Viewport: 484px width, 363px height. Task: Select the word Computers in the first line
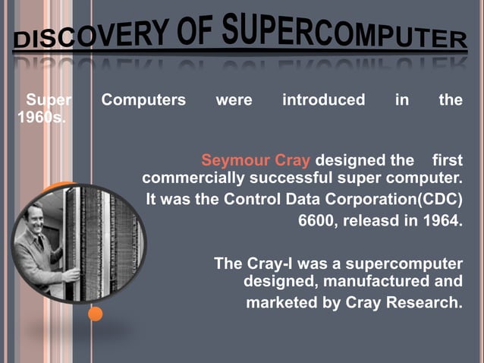click(143, 100)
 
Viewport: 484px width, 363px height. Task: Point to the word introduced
click(323, 100)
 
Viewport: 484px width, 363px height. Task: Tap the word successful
click(292, 179)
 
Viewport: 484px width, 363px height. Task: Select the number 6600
click(316, 222)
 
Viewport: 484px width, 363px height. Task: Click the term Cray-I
click(271, 264)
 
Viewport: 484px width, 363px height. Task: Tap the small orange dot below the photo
click(95, 313)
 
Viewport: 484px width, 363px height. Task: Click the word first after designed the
click(447, 161)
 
